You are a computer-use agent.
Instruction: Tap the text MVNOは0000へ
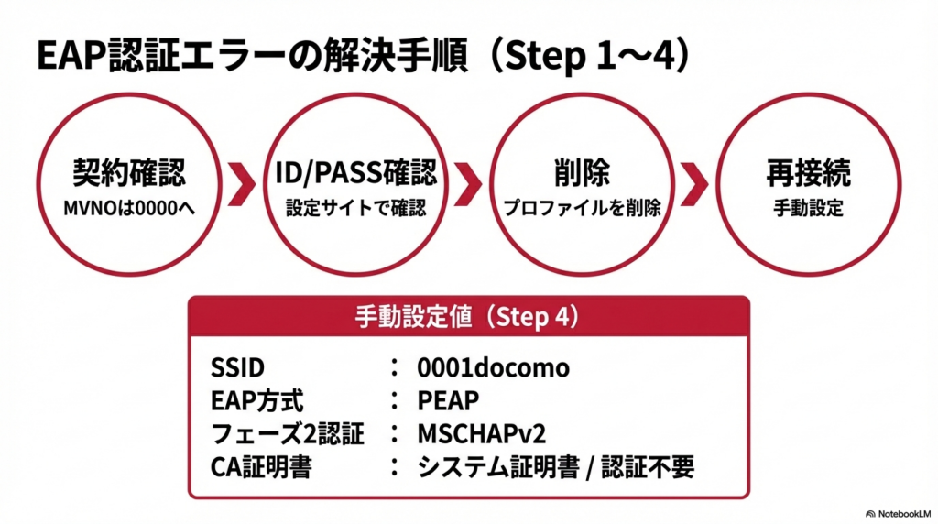pyautogui.click(x=128, y=207)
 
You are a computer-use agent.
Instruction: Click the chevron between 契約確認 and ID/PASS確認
pyautogui.click(x=242, y=184)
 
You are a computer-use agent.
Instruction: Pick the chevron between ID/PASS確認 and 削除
pyautogui.click(x=468, y=184)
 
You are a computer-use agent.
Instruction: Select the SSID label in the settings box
pyautogui.click(x=237, y=368)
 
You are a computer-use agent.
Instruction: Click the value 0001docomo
pyautogui.click(x=493, y=368)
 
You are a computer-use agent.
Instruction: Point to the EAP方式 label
pyautogui.click(x=256, y=401)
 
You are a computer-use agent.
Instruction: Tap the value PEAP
pyautogui.click(x=448, y=401)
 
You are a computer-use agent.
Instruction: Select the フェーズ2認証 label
pyautogui.click(x=287, y=434)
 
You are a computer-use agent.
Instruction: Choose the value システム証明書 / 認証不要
pyautogui.click(x=556, y=467)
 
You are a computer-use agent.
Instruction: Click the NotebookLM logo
pyautogui.click(x=897, y=514)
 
